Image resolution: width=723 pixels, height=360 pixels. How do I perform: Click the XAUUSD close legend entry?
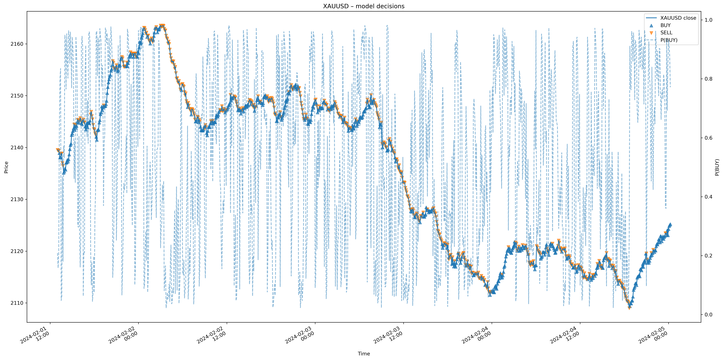pos(678,18)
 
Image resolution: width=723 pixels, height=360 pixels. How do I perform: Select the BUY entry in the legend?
pos(665,25)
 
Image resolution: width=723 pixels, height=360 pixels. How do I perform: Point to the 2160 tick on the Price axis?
pos(17,44)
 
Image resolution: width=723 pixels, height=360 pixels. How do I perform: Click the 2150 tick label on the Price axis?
pos(17,96)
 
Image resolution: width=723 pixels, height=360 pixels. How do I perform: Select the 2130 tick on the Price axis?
pos(17,199)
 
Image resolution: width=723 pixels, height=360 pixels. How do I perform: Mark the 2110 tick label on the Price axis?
pos(17,303)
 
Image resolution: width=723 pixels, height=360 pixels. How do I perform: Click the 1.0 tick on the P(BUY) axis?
pos(708,20)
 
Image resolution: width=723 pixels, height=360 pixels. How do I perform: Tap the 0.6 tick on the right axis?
pos(708,138)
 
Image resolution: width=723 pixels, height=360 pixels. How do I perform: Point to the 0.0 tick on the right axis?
pos(708,315)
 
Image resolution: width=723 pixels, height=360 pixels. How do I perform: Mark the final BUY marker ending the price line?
pos(670,224)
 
